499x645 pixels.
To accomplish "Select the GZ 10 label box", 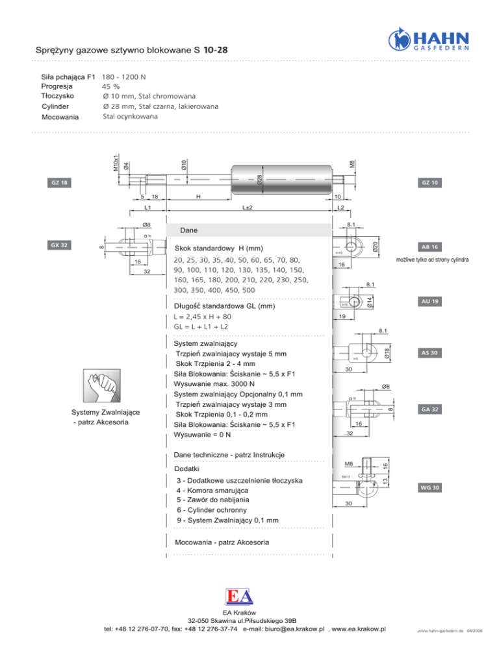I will tap(429, 183).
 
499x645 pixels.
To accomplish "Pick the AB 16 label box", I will tap(429, 247).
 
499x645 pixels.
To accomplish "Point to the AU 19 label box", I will tap(429, 302).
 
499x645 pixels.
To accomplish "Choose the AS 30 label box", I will tap(429, 352).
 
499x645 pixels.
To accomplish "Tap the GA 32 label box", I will tap(429, 409).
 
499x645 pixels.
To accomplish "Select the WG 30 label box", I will tap(429, 487).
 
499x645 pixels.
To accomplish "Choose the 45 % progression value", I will tap(111, 86).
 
